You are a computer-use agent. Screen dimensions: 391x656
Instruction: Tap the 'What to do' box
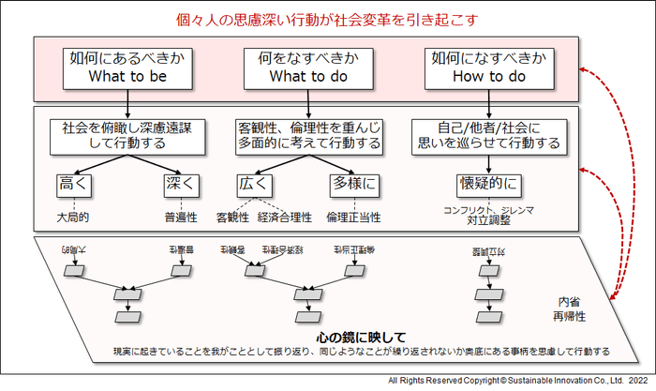click(x=308, y=67)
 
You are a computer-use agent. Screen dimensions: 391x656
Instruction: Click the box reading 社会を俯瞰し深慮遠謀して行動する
click(x=127, y=136)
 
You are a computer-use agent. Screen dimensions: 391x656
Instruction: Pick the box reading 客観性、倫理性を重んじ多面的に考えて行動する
click(x=308, y=136)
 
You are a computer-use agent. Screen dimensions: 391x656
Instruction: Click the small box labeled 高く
click(x=72, y=183)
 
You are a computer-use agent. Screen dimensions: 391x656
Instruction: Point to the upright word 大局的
click(x=72, y=217)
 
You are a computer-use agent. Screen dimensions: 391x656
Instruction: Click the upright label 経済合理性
click(x=284, y=217)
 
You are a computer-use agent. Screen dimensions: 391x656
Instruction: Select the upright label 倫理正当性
click(x=353, y=217)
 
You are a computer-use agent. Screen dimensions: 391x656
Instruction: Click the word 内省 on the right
click(x=569, y=302)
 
